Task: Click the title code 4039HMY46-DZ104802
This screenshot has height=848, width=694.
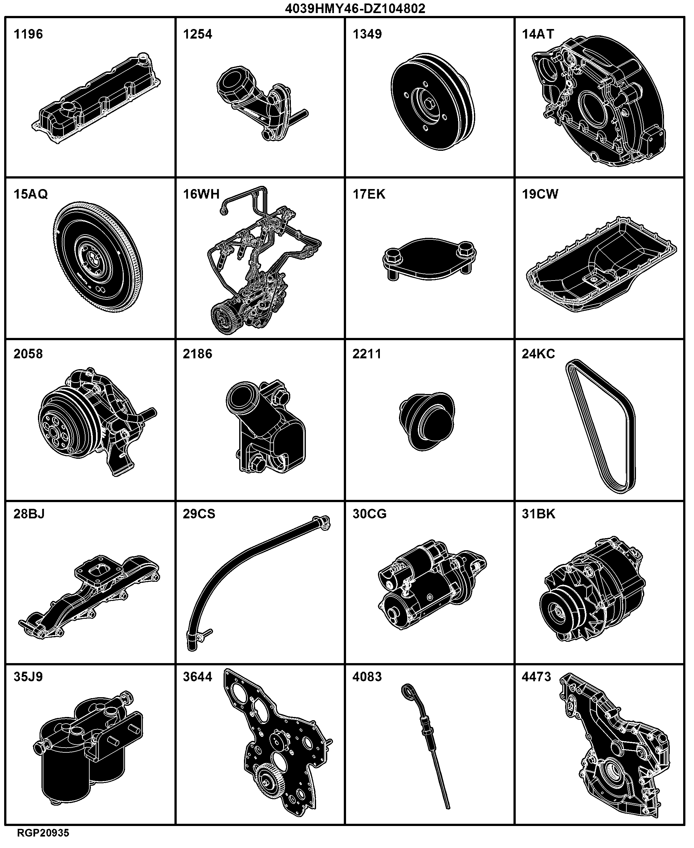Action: coord(355,8)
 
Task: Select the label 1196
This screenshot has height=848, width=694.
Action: coord(28,34)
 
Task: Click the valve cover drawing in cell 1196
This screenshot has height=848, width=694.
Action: coord(96,98)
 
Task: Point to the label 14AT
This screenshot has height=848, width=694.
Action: coord(538,34)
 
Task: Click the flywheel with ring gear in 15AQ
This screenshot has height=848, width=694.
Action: coord(98,257)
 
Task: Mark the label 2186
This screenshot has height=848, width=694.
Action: coord(197,354)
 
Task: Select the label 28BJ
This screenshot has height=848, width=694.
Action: coord(29,514)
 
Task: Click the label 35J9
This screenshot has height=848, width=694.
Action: coord(28,677)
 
